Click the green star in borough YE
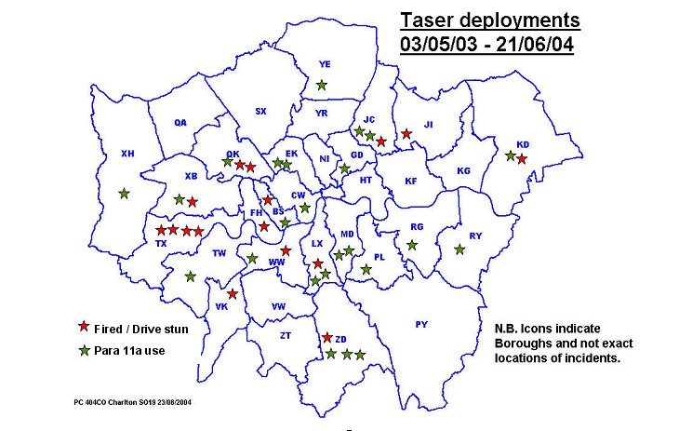[321, 85]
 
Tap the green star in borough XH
[125, 194]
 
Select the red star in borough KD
[522, 159]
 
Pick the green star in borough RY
[459, 249]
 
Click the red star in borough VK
[233, 294]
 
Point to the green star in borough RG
[412, 245]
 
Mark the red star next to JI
[406, 134]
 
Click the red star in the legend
[84, 326]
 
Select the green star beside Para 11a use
[84, 350]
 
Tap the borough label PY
[421, 324]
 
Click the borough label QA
[180, 122]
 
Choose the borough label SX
[260, 111]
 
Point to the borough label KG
[463, 170]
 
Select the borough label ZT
[286, 335]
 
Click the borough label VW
[278, 306]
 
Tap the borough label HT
[366, 180]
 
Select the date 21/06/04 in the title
[537, 44]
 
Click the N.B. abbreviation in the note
[508, 328]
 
